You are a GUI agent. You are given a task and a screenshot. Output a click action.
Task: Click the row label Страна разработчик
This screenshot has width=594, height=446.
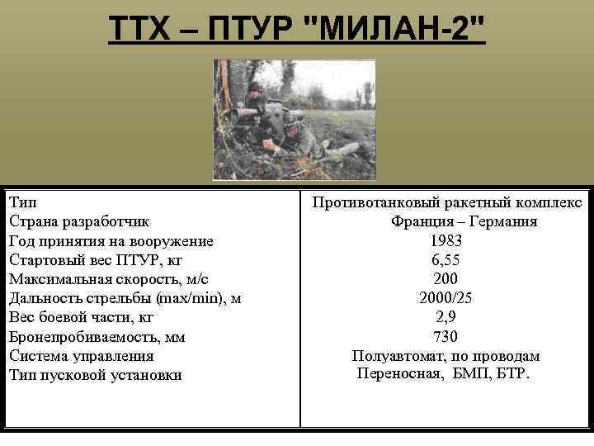(79, 221)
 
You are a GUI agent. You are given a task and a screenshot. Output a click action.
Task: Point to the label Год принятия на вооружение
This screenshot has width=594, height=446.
(111, 241)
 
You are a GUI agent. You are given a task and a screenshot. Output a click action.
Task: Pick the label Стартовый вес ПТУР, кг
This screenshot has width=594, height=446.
(97, 260)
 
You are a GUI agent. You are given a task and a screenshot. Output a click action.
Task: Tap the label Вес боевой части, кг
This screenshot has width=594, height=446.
(82, 317)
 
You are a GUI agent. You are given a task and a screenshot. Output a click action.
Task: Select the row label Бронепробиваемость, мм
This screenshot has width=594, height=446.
(97, 337)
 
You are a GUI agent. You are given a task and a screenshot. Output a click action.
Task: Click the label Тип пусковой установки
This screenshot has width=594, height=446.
(95, 375)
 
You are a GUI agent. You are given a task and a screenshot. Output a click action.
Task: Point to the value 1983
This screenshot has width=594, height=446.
(445, 241)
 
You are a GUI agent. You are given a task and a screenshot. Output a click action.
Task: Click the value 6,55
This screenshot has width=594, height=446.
(445, 260)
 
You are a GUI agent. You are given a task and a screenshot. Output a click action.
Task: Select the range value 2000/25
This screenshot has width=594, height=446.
(445, 298)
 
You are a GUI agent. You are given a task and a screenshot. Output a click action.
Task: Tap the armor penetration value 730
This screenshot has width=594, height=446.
(445, 337)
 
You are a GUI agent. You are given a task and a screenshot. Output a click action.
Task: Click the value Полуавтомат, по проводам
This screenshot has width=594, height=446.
(445, 356)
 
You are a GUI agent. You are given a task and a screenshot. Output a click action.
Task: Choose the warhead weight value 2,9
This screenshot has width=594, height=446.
(445, 317)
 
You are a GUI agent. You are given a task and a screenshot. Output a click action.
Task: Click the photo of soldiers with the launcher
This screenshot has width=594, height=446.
(294, 120)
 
